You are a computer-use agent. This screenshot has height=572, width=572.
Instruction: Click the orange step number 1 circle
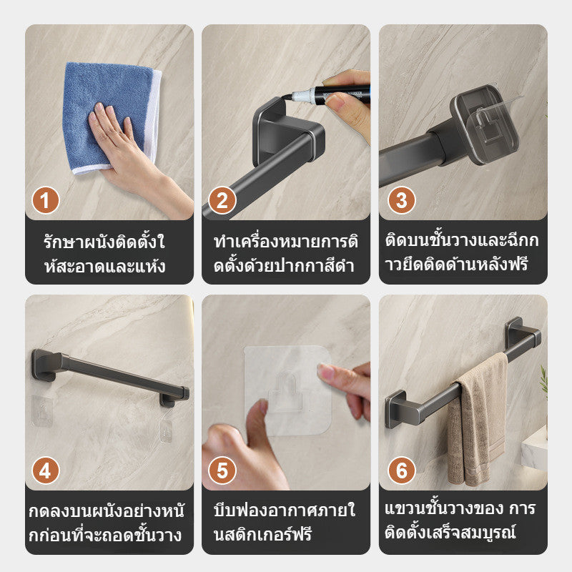[x=46, y=201]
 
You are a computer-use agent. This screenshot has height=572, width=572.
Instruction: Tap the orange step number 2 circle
[x=222, y=201]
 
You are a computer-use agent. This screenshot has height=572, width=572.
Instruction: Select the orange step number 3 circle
[x=401, y=201]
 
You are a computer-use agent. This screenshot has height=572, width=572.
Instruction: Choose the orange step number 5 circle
[x=222, y=472]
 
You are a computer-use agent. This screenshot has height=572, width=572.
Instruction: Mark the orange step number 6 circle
[x=401, y=472]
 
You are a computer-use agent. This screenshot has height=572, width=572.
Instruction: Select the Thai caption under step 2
[x=285, y=254]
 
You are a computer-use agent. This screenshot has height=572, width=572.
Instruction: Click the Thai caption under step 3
[x=463, y=254]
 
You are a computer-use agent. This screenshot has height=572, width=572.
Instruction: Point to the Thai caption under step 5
[x=285, y=523]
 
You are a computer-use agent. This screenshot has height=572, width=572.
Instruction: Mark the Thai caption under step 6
[x=463, y=523]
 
